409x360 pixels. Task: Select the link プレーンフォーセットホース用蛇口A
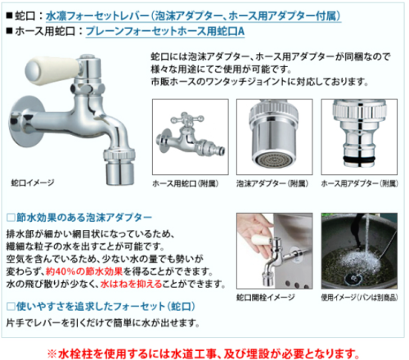pyautogui.click(x=165, y=31)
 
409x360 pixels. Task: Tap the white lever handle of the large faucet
pyautogui.click(x=52, y=70)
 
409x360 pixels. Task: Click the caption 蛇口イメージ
pyautogui.click(x=33, y=182)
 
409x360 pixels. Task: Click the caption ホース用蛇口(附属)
pyautogui.click(x=186, y=184)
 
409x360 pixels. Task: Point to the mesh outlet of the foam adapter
pyautogui.click(x=273, y=159)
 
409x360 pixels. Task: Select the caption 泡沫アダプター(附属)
pyautogui.click(x=272, y=184)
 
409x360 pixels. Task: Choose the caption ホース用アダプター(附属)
pyautogui.click(x=359, y=184)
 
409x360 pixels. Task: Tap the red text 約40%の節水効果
pyautogui.click(x=84, y=272)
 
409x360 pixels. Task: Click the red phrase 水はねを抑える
pyautogui.click(x=132, y=284)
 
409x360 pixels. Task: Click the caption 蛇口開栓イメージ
pyautogui.click(x=266, y=297)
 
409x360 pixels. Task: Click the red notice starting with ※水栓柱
pyautogui.click(x=204, y=354)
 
